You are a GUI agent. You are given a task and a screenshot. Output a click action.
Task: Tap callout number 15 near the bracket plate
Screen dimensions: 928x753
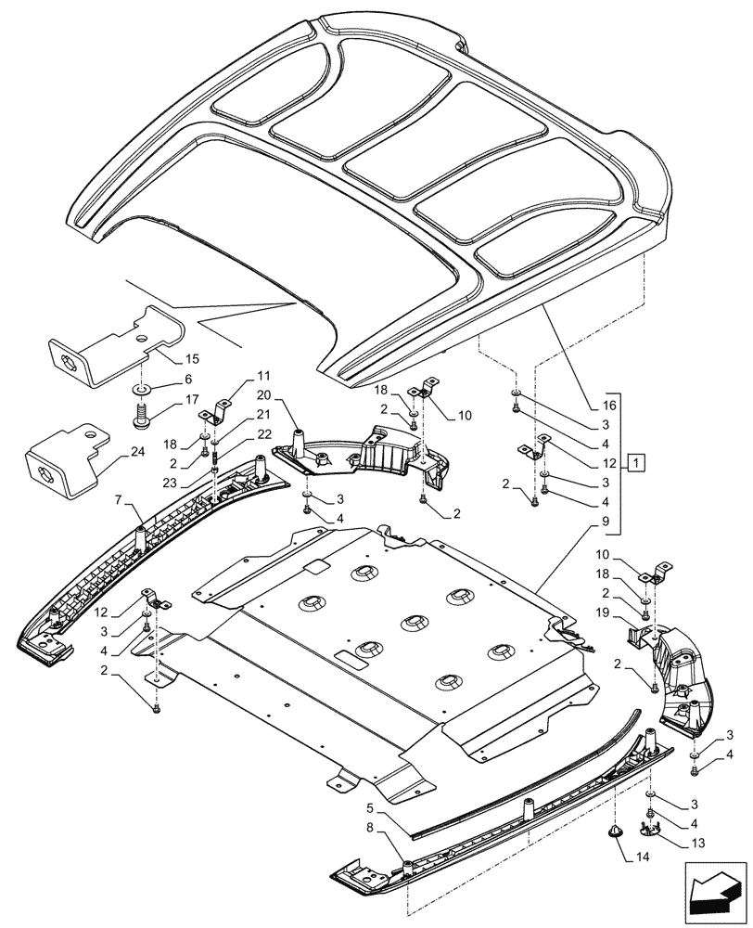pos(192,357)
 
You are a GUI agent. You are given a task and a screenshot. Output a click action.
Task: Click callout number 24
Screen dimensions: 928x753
pos(138,453)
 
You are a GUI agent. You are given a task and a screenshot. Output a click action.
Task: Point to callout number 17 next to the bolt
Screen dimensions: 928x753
pos(191,400)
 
